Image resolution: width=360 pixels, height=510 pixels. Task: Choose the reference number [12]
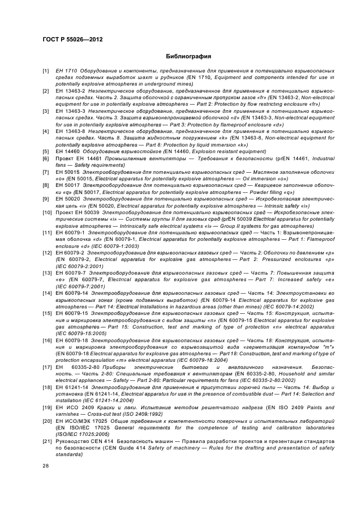(x=47, y=253)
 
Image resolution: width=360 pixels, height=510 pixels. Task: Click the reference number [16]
(x=47, y=340)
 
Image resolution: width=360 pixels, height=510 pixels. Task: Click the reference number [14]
(x=47, y=293)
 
